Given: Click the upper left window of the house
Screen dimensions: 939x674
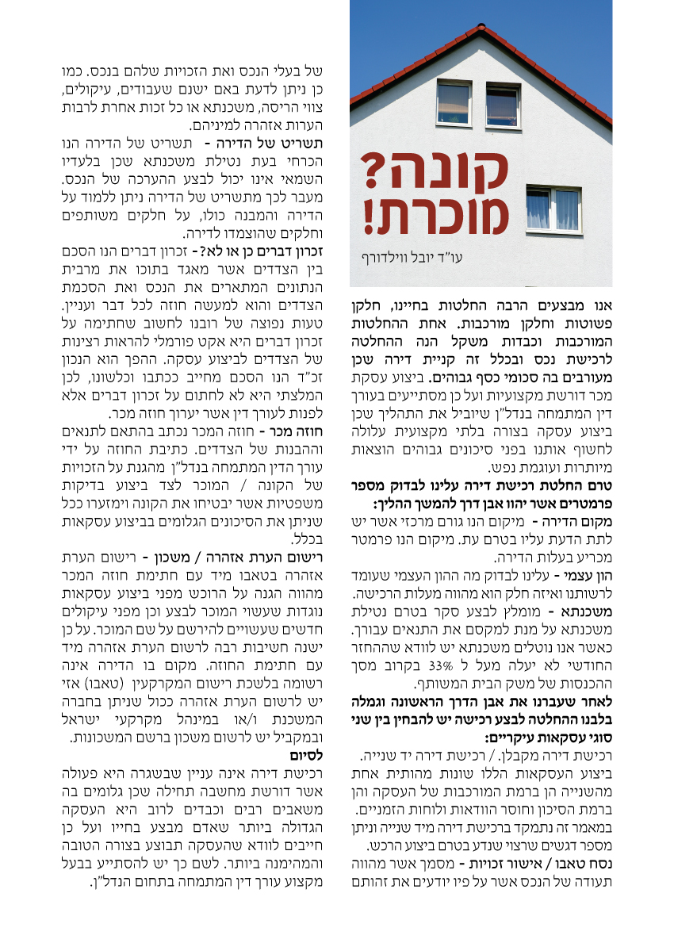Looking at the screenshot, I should pyautogui.click(x=454, y=102).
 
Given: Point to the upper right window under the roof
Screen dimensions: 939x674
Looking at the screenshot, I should pyautogui.click(x=503, y=105).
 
